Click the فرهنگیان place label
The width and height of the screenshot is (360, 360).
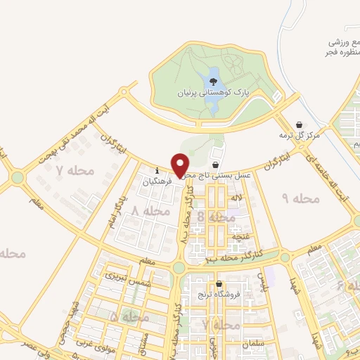point(157,181)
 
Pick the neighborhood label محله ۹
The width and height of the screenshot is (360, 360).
point(300,199)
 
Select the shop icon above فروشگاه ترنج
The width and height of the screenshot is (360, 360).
point(219,285)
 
